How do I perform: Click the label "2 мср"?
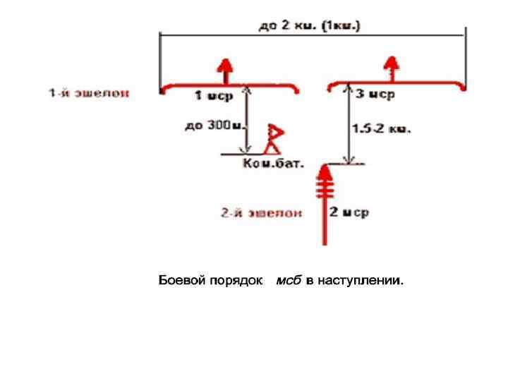tap(351, 212)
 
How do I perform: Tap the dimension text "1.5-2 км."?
tap(382, 129)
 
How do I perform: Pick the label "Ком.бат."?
tap(273, 164)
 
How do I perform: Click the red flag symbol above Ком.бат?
tap(273, 138)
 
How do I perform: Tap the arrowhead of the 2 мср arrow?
tap(325, 171)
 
